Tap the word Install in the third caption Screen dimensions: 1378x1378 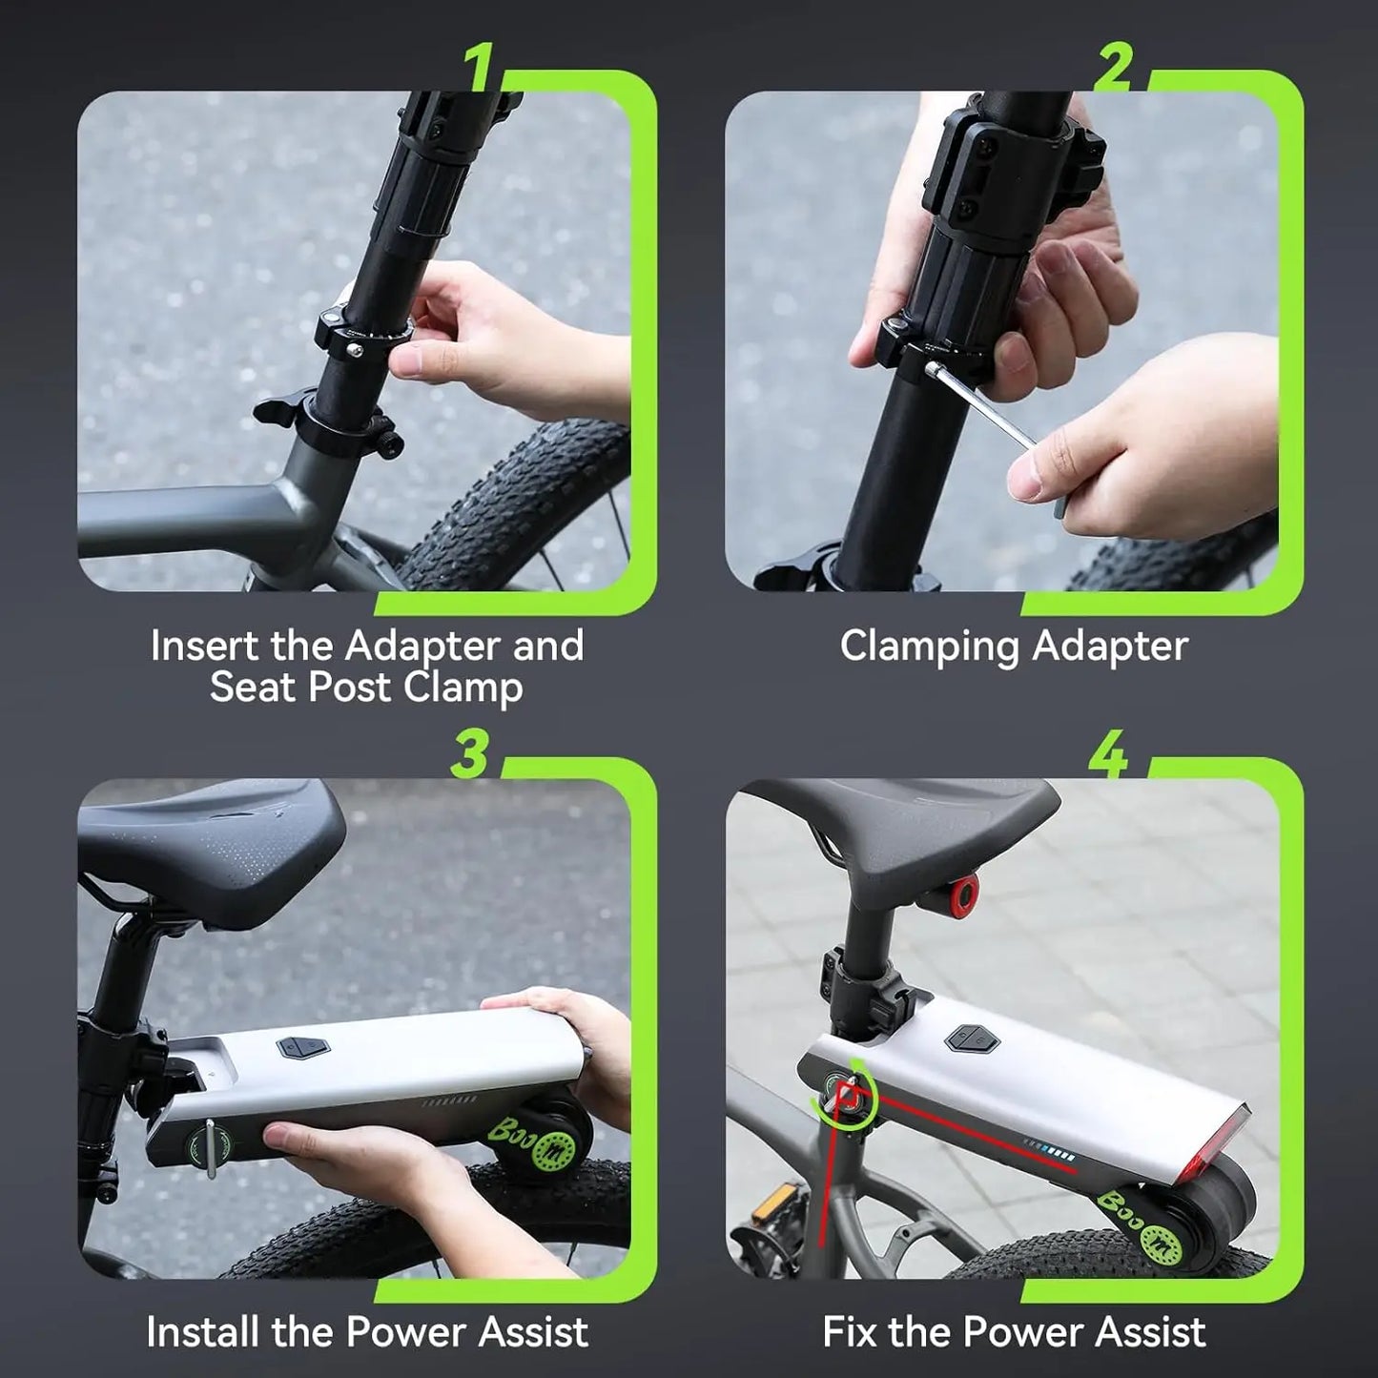(x=204, y=1332)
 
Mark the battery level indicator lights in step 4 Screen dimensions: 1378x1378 (x=1049, y=1150)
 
